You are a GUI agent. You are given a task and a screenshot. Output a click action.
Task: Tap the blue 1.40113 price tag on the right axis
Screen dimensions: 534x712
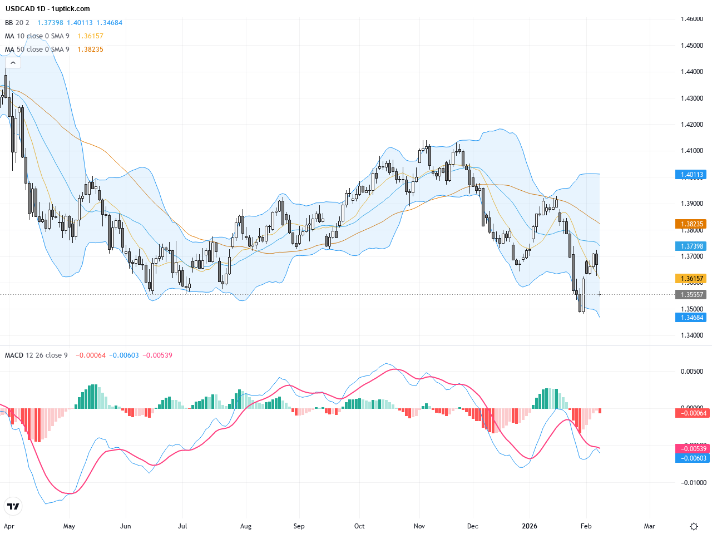[x=692, y=175]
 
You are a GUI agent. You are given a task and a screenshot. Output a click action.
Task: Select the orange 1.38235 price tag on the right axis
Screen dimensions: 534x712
[x=692, y=224]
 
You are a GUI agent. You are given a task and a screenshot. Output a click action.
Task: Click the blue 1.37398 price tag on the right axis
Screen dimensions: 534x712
[x=692, y=246]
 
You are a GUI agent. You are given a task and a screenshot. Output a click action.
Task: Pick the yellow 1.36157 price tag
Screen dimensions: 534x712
[x=692, y=279]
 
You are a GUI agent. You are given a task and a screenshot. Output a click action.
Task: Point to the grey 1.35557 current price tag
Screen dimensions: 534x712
[x=692, y=295]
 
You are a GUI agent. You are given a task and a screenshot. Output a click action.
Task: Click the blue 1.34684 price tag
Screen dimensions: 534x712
[x=692, y=318]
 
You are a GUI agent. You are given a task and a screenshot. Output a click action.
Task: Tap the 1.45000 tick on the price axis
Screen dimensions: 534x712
[x=692, y=46]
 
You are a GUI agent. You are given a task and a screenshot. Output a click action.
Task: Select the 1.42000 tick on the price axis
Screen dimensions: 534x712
[x=692, y=125]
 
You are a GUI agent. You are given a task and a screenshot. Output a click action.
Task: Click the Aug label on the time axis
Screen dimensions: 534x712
[x=246, y=526]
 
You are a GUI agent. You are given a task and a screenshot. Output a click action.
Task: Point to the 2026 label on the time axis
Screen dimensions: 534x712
[x=530, y=526]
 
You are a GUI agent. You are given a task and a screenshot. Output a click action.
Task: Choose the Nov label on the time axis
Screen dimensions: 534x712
[x=419, y=526]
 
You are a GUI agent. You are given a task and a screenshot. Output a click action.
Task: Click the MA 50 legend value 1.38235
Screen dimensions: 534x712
[x=90, y=50]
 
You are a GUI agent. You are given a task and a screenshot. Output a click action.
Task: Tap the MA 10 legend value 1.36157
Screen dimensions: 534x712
[x=90, y=36]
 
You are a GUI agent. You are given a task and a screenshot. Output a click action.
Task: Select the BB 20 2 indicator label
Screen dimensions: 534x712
[x=17, y=23]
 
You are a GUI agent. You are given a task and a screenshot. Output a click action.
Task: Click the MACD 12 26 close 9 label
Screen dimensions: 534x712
[x=36, y=355]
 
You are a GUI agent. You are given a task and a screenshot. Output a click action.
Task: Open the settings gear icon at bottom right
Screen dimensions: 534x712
[x=694, y=526]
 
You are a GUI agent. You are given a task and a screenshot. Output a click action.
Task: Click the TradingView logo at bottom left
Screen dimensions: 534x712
[x=13, y=506]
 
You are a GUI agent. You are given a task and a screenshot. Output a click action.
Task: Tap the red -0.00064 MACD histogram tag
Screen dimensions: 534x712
[x=692, y=413]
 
